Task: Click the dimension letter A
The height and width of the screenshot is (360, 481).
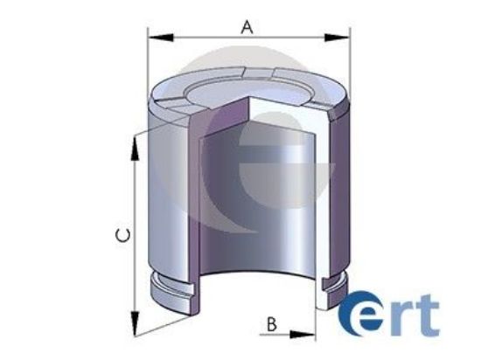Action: click(x=247, y=26)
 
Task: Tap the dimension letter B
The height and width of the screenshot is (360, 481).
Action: click(x=271, y=324)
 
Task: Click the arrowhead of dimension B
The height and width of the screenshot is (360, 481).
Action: click(x=307, y=333)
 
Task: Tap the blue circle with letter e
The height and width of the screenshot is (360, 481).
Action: click(x=358, y=315)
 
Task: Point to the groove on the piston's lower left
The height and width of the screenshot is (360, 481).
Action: click(x=179, y=287)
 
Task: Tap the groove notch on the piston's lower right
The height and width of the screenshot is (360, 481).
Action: click(x=331, y=282)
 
